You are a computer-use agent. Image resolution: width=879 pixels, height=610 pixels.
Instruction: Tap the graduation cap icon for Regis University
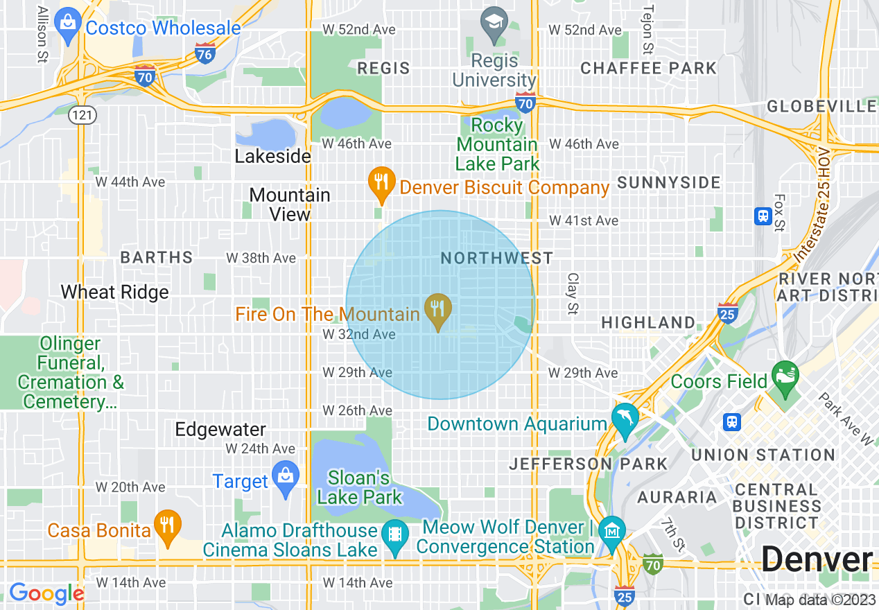click(494, 21)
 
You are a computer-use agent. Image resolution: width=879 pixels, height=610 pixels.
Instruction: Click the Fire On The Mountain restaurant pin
click(437, 308)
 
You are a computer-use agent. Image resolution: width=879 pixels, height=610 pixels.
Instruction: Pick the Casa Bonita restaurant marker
click(167, 525)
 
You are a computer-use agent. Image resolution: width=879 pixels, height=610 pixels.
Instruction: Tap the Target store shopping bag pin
click(285, 476)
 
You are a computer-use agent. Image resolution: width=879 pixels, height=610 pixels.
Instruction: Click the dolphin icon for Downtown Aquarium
click(625, 419)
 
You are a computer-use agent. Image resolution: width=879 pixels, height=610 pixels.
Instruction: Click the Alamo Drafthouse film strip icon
click(395, 534)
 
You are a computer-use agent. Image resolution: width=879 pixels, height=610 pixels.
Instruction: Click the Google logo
click(46, 593)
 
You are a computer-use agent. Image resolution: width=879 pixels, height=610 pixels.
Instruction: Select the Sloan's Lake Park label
click(360, 487)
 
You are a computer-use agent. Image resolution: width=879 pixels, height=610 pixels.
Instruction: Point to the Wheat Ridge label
click(115, 292)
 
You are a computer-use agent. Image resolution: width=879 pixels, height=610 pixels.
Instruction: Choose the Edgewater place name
click(220, 429)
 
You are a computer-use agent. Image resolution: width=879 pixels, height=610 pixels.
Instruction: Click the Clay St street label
click(572, 293)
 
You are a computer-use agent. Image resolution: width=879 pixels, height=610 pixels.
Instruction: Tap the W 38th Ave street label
click(261, 258)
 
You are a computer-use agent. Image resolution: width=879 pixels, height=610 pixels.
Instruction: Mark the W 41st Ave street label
click(584, 220)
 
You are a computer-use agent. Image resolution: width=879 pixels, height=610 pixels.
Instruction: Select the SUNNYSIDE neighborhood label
click(669, 183)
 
